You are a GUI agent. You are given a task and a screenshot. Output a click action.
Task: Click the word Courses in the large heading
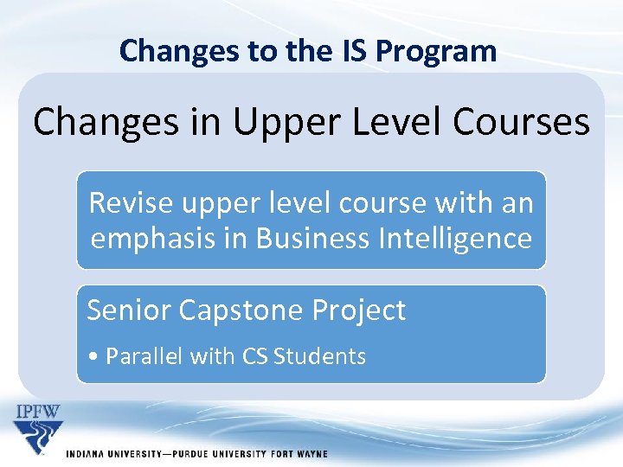pyautogui.click(x=523, y=122)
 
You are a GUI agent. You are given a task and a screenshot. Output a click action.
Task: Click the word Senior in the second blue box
pyautogui.click(x=127, y=310)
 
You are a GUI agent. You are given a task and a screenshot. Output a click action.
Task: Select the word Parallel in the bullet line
pyautogui.click(x=139, y=356)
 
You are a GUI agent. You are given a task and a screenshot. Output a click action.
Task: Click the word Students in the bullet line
pyautogui.click(x=319, y=356)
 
